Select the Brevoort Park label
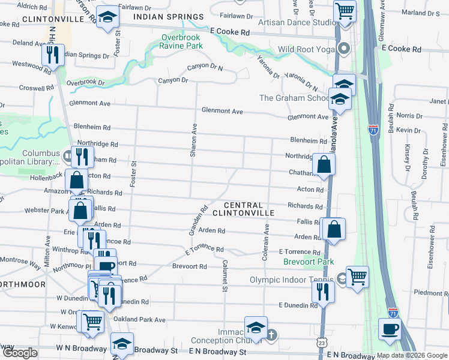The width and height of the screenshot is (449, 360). click(309, 262)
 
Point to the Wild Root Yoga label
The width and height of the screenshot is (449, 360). click(304, 50)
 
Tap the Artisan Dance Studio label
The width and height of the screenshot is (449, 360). click(297, 22)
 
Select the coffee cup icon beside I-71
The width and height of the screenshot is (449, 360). click(390, 329)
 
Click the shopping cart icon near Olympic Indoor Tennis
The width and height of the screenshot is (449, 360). click(357, 277)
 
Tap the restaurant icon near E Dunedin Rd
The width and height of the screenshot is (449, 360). click(323, 292)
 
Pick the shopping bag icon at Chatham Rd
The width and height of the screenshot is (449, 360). click(324, 165)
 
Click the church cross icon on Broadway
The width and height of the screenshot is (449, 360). click(271, 334)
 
